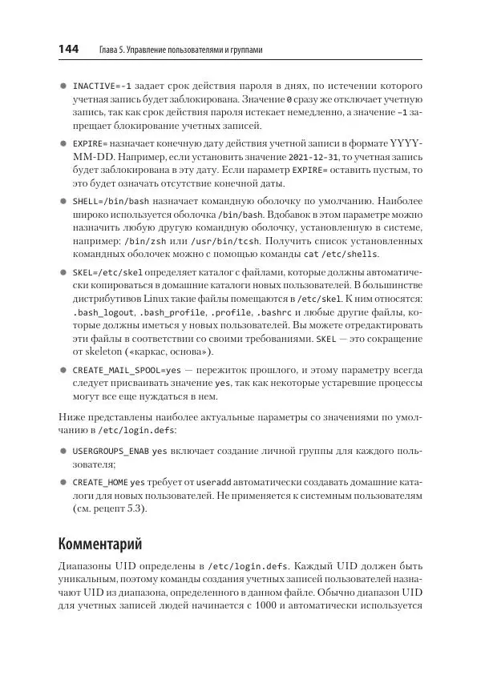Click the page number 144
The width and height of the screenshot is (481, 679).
click(x=68, y=50)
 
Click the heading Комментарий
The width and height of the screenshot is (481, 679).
click(x=100, y=544)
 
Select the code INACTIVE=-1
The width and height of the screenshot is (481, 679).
click(x=102, y=86)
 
